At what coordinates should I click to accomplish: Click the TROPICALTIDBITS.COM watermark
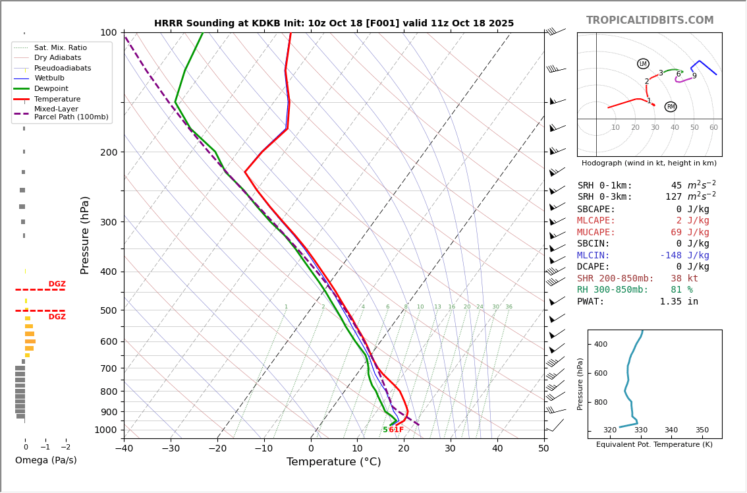650,20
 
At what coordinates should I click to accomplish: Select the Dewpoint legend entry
51,88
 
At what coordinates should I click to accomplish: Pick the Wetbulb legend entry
51,78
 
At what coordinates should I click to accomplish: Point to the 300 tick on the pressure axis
108,222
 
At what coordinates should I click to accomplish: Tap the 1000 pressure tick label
105,430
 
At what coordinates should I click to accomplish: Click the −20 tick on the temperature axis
217,449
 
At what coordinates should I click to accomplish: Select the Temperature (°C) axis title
333,462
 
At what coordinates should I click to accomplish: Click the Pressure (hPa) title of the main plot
86,235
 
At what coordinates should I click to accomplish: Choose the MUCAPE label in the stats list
596,233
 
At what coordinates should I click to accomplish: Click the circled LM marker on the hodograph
643,64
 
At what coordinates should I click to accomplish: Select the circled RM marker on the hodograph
671,107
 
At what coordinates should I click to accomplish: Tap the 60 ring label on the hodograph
713,128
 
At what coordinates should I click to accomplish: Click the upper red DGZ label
57,284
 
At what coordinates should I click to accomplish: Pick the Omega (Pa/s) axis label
45,460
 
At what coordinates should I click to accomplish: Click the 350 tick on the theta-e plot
702,430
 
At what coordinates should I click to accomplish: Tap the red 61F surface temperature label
396,430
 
